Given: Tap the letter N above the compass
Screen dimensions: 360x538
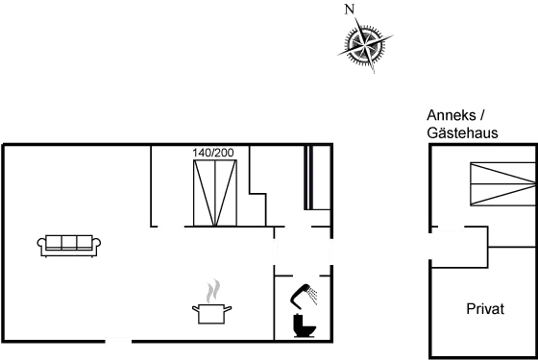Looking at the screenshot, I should [x=350, y=9].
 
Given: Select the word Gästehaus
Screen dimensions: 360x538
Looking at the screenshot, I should [x=463, y=132].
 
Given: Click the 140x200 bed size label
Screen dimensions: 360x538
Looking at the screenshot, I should [x=213, y=152].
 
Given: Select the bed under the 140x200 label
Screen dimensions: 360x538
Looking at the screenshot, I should [x=214, y=193].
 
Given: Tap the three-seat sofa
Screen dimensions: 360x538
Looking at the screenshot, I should [x=67, y=244].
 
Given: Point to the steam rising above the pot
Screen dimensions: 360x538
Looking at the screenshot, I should [x=213, y=290].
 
